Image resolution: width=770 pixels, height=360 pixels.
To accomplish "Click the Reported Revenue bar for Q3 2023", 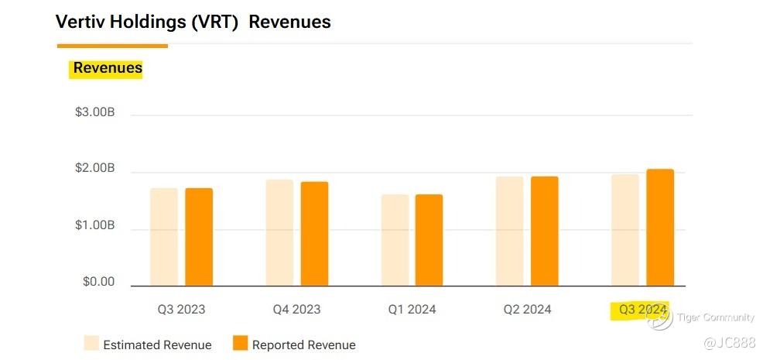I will click(199, 237).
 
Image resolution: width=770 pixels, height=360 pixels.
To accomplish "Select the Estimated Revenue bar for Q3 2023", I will click(164, 237).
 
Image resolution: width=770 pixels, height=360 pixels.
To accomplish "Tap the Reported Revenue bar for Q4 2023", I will click(314, 234).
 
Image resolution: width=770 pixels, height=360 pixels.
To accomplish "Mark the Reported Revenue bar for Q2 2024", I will click(544, 231).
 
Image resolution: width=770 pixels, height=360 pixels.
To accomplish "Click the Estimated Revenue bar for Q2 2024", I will click(509, 231).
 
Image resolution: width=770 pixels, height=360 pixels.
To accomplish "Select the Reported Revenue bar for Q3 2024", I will click(660, 228).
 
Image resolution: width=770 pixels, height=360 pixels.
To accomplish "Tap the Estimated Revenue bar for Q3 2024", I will click(625, 230).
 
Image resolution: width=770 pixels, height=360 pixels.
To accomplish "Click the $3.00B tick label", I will click(95, 112).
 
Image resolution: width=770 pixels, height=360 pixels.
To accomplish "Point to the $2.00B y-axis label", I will click(95, 169).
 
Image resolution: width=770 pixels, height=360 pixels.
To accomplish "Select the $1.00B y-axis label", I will click(95, 225).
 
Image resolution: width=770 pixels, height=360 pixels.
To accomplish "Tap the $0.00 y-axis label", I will click(98, 282).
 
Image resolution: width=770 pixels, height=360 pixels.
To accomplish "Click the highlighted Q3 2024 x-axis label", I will click(642, 310).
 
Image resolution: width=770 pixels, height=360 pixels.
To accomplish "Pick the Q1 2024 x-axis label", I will click(412, 310).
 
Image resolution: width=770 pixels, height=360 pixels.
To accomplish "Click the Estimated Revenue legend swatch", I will click(91, 344).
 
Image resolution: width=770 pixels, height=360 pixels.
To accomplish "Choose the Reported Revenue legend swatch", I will click(241, 344).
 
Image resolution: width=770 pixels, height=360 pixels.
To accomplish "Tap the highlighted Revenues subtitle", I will click(108, 68).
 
